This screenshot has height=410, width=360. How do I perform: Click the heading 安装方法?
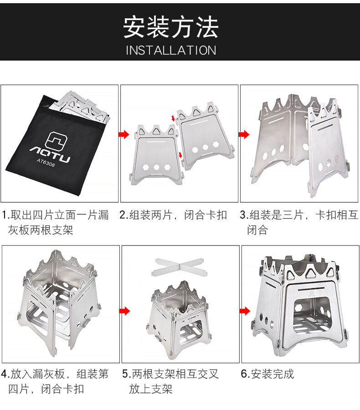tap(170, 27)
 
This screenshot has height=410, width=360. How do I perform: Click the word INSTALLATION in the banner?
tap(171, 50)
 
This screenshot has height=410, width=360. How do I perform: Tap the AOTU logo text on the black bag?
tap(50, 154)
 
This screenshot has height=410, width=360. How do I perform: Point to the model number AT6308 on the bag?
tap(46, 163)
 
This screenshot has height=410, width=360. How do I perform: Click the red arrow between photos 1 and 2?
tap(124, 134)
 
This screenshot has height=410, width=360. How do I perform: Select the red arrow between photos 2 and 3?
tap(244, 134)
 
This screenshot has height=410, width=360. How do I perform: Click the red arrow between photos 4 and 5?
tap(124, 311)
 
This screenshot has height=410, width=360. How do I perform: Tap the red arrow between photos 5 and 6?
tap(245, 311)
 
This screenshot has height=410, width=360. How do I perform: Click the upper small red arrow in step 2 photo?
tap(173, 118)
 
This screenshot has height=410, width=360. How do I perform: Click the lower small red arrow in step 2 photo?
tap(180, 154)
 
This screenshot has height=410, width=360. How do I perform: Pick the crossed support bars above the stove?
tap(180, 266)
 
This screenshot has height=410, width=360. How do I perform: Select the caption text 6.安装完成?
tap(267, 374)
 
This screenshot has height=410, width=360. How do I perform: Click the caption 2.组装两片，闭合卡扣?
tap(174, 215)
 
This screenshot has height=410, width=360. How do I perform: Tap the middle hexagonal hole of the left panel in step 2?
tap(157, 167)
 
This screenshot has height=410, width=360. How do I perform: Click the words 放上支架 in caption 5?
tap(150, 389)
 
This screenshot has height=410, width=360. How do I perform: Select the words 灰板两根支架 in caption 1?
tap(41, 230)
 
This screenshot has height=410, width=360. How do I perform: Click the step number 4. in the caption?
tap(5, 374)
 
